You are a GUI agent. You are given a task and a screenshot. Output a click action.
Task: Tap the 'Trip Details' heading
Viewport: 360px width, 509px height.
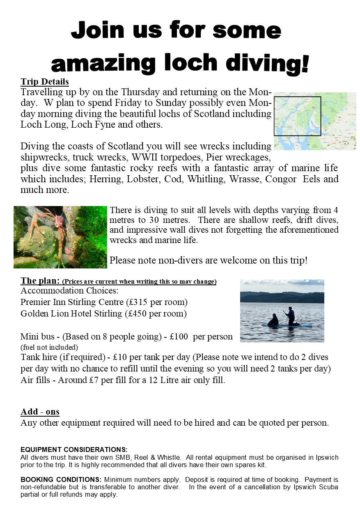[x=45, y=81]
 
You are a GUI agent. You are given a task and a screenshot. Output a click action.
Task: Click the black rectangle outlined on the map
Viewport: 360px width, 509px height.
[x=297, y=116]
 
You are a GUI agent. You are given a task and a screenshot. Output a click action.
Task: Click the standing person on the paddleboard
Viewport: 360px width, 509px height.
[x=291, y=315]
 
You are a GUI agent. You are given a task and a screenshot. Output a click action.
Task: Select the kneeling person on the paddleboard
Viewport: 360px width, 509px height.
[x=273, y=320]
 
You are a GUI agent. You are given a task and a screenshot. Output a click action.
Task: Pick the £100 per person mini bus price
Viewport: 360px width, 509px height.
[x=177, y=337]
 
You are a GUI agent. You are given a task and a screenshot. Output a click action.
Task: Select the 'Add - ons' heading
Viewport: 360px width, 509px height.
[x=40, y=411]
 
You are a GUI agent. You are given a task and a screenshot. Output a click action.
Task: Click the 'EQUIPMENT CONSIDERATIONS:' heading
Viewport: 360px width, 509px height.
[x=74, y=449]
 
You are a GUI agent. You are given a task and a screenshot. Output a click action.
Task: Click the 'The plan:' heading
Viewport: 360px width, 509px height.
[x=40, y=281]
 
